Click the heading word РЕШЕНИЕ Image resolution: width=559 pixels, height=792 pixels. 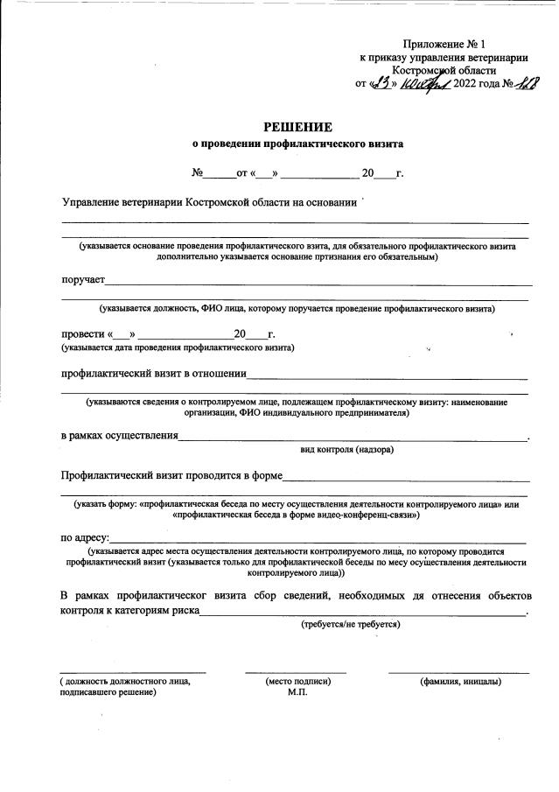(297, 127)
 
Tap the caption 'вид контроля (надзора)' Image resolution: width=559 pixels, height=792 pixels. (346, 450)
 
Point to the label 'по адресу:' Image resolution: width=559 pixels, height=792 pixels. (85, 537)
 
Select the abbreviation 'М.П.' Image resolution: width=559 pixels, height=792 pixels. (297, 692)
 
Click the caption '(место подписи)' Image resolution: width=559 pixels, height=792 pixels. (297, 680)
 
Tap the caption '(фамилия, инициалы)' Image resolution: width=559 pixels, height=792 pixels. (459, 680)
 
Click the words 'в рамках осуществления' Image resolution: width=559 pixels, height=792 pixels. (119, 435)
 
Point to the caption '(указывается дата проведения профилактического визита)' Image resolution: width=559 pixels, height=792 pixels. (178, 348)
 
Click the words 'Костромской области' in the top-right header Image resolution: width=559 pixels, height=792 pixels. (444, 70)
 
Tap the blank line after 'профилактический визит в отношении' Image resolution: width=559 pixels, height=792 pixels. (387, 379)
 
